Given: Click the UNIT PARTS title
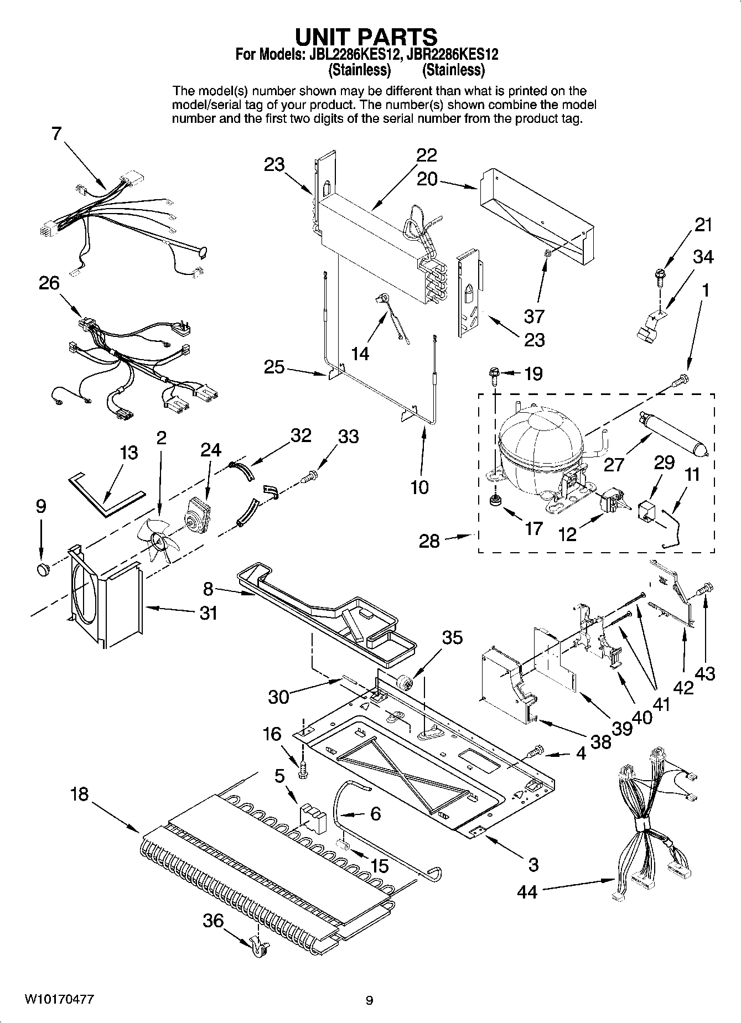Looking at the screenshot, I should (x=366, y=37).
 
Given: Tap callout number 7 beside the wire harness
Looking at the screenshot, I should (x=57, y=134).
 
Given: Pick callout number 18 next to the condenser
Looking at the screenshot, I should (x=79, y=794).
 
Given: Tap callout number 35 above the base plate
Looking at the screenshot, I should (x=452, y=637).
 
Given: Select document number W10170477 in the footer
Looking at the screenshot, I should (x=59, y=999).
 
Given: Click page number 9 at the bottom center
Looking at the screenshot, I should (x=370, y=1000).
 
